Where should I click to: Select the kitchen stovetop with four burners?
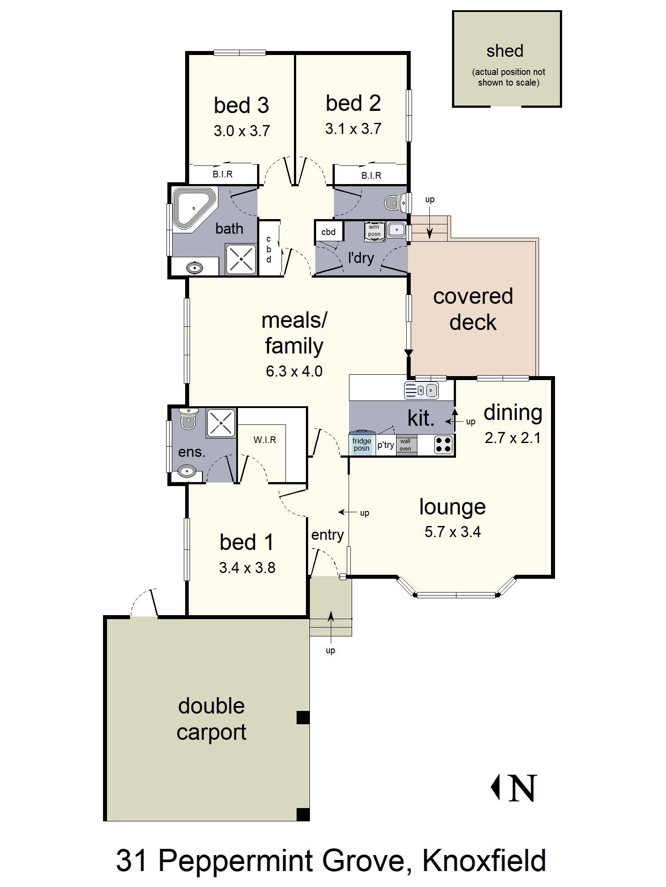(443, 444)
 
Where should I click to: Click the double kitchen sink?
(421, 391)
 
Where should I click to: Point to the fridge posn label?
(362, 445)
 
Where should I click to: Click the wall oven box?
(405, 445)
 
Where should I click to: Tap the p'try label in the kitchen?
(385, 445)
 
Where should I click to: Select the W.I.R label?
(265, 440)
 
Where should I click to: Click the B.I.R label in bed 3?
(222, 174)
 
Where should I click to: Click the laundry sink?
(396, 229)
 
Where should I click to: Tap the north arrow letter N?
(523, 788)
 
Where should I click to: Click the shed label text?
(505, 51)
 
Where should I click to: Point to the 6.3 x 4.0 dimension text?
(294, 371)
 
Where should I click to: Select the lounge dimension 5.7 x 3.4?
(452, 531)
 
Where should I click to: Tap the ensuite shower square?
(222, 421)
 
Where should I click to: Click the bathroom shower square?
(241, 259)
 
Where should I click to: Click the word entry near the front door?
(327, 535)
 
